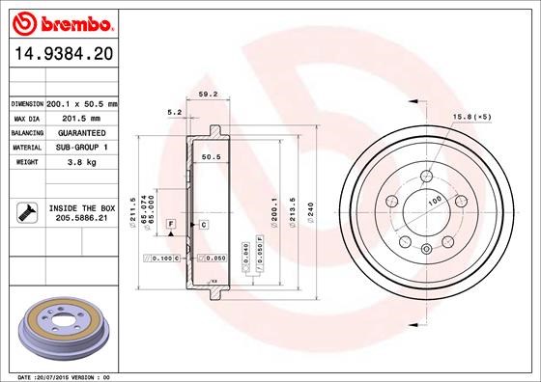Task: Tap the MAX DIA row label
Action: click(27, 118)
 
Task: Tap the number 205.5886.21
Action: click(81, 219)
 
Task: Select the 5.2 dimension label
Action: click(175, 113)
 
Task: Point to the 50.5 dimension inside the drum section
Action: click(211, 156)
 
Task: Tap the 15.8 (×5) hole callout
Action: click(471, 118)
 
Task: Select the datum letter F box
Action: click(170, 224)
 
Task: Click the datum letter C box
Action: click(204, 224)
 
